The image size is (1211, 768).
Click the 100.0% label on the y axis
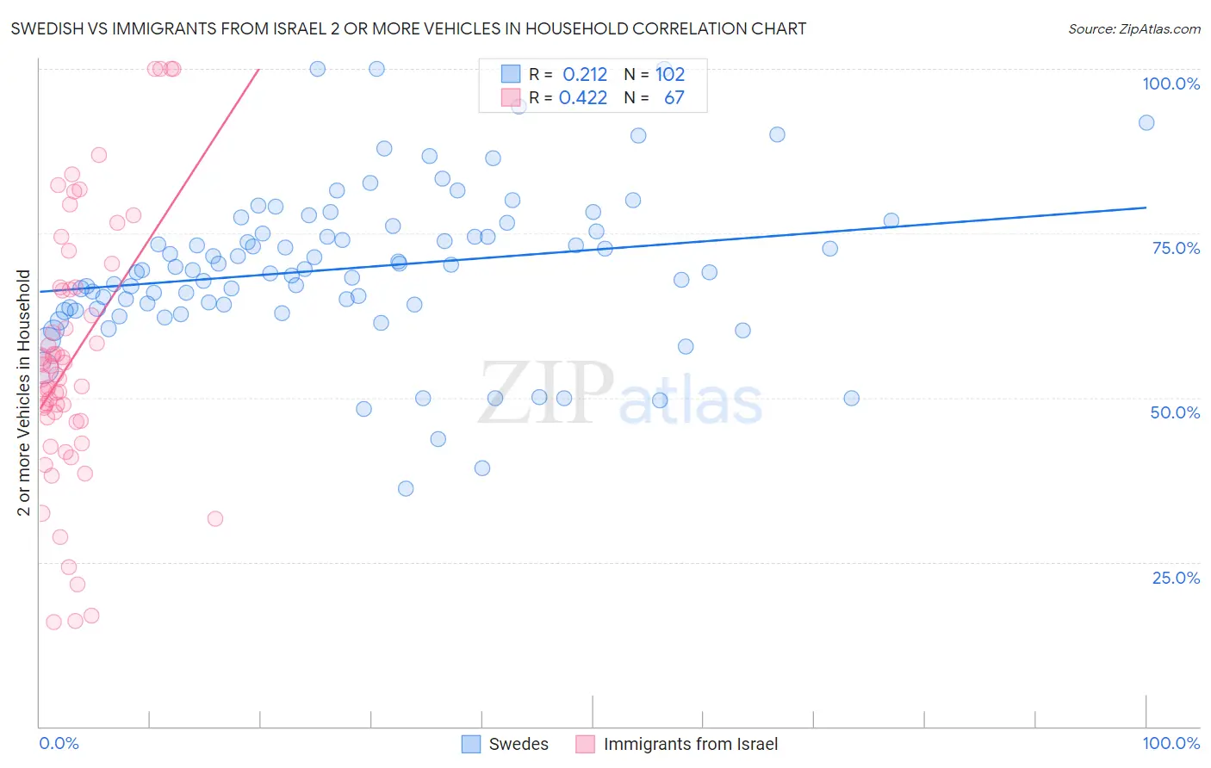(x=1171, y=84)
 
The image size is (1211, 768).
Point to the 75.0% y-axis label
(x=1176, y=248)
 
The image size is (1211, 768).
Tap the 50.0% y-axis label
(x=1175, y=412)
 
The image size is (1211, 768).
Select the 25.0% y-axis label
(x=1176, y=577)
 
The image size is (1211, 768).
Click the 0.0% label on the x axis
(x=59, y=743)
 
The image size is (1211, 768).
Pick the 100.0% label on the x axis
(x=1171, y=743)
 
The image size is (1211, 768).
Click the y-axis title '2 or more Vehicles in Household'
(x=23, y=393)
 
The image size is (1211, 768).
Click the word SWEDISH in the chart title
(x=48, y=28)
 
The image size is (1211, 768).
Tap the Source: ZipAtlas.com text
(x=1133, y=28)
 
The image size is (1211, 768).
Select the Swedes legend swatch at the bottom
(x=470, y=744)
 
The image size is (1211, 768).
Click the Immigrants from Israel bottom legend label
(x=690, y=744)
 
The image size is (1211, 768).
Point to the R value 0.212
(x=585, y=75)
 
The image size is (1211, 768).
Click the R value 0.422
(x=583, y=98)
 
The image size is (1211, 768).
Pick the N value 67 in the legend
(x=674, y=98)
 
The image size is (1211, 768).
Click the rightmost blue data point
(x=1146, y=122)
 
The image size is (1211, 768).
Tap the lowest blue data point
(x=406, y=488)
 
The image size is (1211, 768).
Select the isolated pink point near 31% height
(x=215, y=518)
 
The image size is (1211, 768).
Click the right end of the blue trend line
(x=1146, y=207)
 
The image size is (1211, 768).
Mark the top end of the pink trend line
(x=258, y=69)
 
